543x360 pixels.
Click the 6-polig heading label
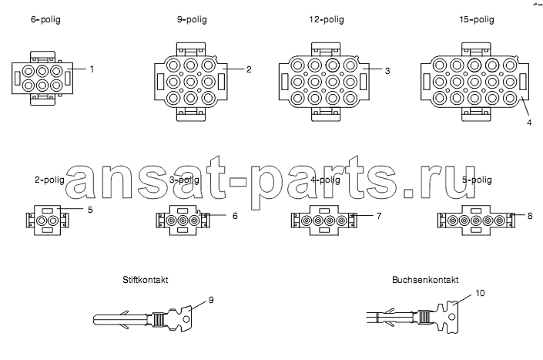tap(45, 19)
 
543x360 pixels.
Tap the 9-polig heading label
tap(192, 19)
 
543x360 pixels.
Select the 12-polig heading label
tap(327, 19)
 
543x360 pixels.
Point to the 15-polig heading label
tap(477, 19)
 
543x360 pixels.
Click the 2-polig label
tap(49, 180)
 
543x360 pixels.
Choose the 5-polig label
tap(477, 180)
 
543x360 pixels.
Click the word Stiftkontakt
tap(145, 280)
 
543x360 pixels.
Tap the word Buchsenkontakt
tap(425, 280)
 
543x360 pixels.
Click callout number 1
tap(92, 69)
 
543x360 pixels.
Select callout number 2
tap(249, 69)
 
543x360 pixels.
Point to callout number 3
tap(387, 71)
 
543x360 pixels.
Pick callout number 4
tap(529, 123)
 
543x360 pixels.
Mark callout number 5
tap(90, 210)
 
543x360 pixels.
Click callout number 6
tap(235, 216)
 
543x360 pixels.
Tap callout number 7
tap(379, 216)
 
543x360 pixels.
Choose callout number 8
tap(529, 216)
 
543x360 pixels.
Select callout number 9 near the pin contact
tap(211, 300)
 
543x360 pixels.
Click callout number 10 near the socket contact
tap(480, 293)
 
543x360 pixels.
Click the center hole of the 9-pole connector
tap(191, 82)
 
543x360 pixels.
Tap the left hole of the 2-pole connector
tap(42, 220)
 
